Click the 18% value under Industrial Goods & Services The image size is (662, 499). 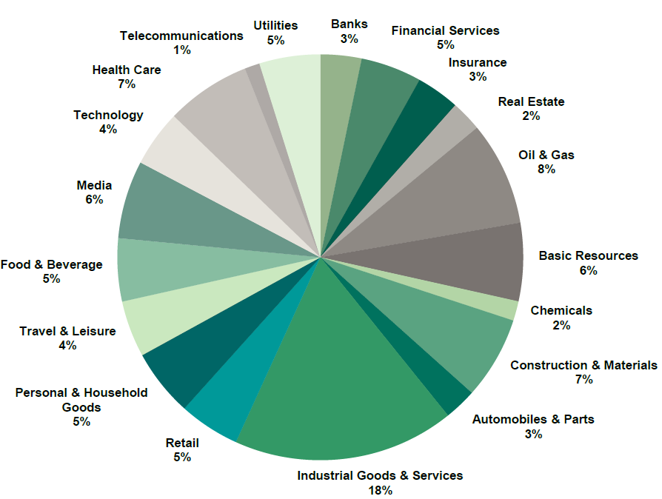[x=381, y=490]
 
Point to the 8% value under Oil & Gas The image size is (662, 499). [x=546, y=170]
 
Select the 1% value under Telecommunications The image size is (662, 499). [x=181, y=50]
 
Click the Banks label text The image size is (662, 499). [x=349, y=24]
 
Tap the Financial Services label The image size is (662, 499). [x=445, y=30]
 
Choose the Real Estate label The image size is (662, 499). [x=531, y=101]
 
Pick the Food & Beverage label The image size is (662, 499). [x=51, y=264]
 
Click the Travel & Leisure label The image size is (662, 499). [x=67, y=331]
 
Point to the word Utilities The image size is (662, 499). [x=275, y=25]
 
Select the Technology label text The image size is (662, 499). [x=108, y=115]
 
